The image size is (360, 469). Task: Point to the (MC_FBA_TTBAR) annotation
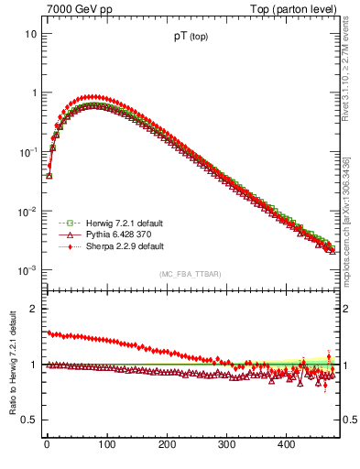190,274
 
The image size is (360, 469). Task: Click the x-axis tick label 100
106,444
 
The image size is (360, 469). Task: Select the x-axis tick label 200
167,444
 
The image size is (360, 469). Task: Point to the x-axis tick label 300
226,444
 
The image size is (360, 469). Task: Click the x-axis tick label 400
286,444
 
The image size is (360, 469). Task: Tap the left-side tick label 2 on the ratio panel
33,309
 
